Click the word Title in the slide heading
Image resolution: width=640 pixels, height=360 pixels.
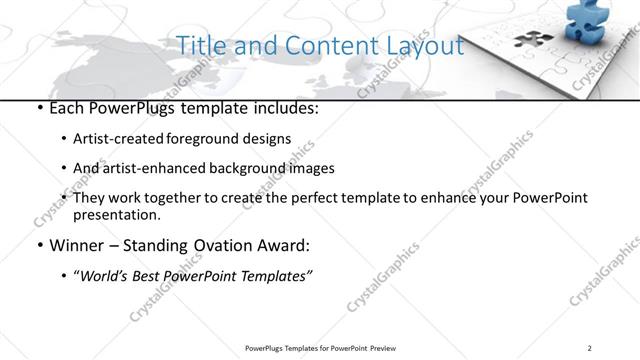pyautogui.click(x=198, y=46)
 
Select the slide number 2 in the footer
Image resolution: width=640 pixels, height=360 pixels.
pyautogui.click(x=589, y=348)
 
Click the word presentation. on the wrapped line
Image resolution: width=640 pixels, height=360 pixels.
pyautogui.click(x=116, y=214)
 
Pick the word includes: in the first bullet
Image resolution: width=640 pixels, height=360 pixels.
pyautogui.click(x=281, y=108)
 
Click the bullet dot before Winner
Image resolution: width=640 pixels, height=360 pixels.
pyautogui.click(x=38, y=245)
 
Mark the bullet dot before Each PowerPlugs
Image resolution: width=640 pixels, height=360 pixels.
pyautogui.click(x=38, y=108)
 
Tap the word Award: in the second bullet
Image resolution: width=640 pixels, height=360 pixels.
pyautogui.click(x=284, y=244)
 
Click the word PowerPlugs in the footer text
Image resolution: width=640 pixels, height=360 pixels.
pyautogui.click(x=270, y=348)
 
